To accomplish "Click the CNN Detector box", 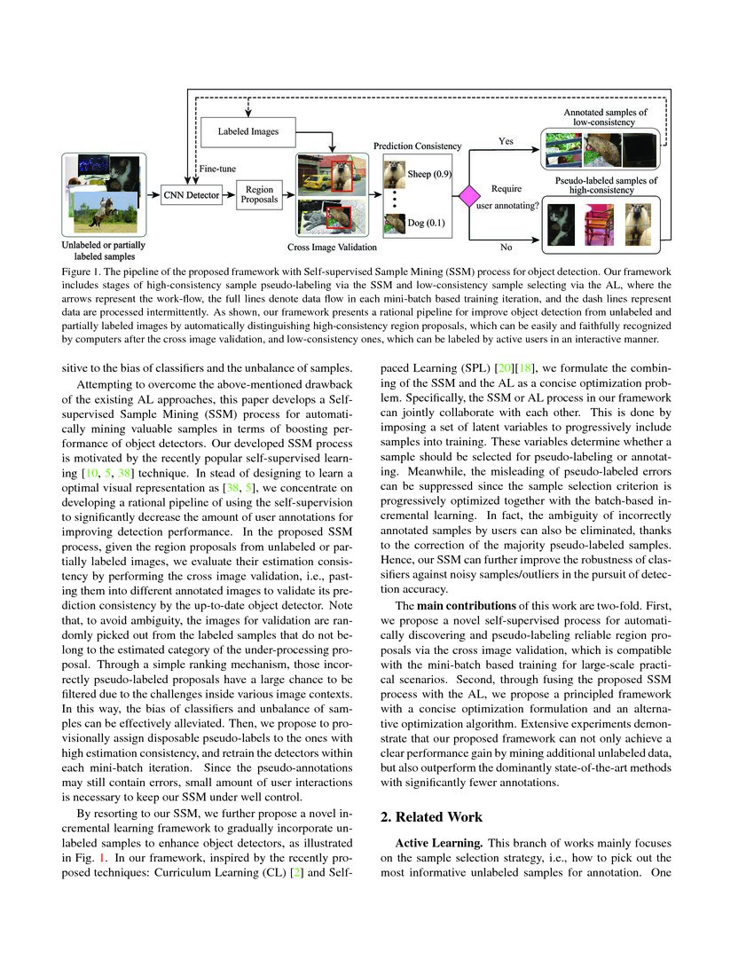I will (191, 195).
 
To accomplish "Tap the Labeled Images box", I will (247, 132).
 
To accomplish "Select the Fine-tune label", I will (217, 168).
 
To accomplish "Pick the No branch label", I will (507, 248).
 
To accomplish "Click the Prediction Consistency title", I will (417, 146).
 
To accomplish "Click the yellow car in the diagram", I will (314, 182).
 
